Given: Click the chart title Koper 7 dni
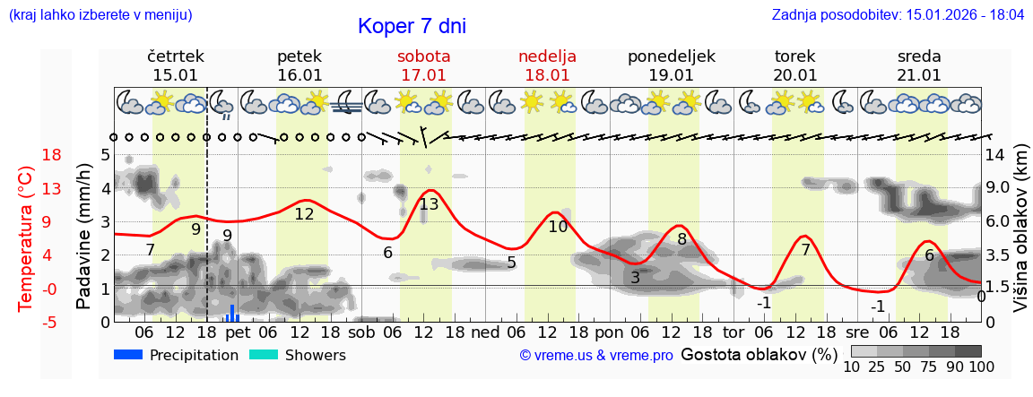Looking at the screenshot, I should point(412,26).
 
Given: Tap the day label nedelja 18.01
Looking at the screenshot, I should point(547,65).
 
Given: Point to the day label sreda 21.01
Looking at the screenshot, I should point(919,65).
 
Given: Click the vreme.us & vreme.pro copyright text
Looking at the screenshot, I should point(596,356).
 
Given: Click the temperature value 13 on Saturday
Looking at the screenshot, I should point(429,204).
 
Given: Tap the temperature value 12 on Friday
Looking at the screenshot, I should point(304,214).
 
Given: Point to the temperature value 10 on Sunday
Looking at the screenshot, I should point(558,227).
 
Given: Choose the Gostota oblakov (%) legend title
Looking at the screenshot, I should point(757,355).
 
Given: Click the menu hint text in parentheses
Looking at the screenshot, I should point(100,15).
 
